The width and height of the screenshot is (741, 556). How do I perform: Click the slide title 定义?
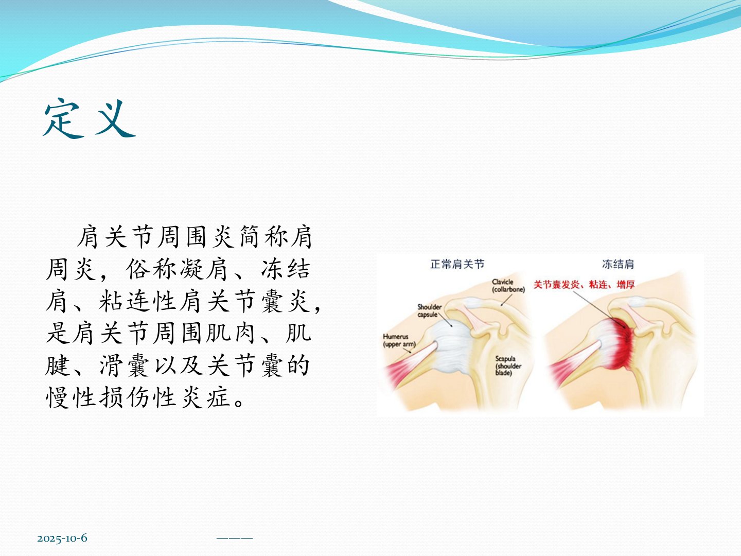90,118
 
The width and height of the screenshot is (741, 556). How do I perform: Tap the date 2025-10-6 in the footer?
62,538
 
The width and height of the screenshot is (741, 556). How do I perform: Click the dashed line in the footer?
235,538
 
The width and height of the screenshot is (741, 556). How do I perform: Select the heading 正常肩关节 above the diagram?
457,264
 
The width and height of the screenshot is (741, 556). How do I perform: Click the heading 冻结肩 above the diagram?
618,264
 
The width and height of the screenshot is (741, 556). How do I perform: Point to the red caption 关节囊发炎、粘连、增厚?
584,285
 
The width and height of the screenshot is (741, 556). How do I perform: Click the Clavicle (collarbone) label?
508,286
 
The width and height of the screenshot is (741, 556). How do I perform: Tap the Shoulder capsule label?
429,310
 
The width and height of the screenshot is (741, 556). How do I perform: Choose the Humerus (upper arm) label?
399,340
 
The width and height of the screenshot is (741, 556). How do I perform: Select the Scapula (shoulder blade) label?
508,366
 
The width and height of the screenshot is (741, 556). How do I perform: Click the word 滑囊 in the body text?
124,366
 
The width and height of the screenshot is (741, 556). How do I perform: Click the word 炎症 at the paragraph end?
206,397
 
